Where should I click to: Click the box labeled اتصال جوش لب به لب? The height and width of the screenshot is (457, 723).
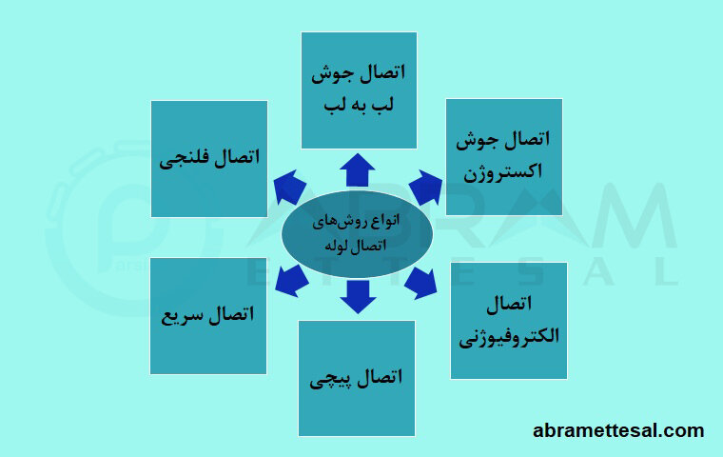coord(359,89)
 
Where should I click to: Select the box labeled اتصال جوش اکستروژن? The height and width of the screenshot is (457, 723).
coord(504,156)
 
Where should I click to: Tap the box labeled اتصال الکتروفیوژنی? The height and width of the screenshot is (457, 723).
coord(509,320)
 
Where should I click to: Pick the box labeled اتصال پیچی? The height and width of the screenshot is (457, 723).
coord(357,378)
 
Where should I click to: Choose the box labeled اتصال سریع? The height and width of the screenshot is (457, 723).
coord(208,314)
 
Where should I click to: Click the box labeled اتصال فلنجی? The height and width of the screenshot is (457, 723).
coord(209,158)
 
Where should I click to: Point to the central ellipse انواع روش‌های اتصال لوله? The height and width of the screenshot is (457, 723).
coord(358,232)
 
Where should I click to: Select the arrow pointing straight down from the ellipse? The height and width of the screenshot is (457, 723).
coord(358,295)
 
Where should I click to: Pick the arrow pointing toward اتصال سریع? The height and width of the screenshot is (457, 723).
coord(290,278)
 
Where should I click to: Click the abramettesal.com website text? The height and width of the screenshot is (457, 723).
coord(618,430)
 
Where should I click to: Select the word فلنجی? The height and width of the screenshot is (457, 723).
coord(185,158)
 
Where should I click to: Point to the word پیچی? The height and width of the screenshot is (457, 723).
coord(331,379)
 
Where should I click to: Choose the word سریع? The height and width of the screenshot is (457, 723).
coord(185,314)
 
